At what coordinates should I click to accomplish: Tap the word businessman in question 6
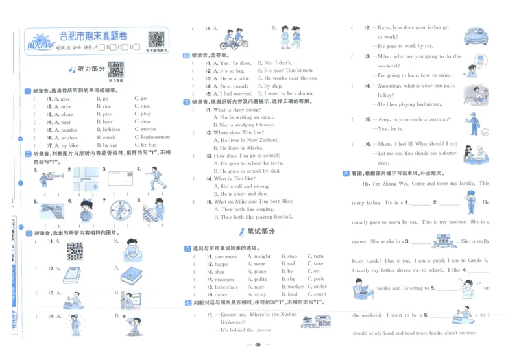click(155, 138)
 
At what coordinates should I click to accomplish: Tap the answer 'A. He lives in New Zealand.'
click(246, 140)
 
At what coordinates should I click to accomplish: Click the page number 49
click(258, 345)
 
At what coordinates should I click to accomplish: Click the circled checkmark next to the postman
click(484, 132)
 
